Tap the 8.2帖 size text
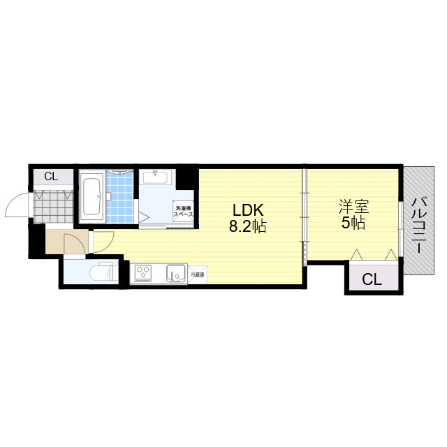[247, 226]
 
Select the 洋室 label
[354, 207]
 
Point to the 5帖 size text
[353, 223]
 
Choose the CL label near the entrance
[51, 177]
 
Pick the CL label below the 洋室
[372, 279]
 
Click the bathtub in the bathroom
[91, 197]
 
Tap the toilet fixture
[101, 273]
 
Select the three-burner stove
[143, 273]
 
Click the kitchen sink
[177, 273]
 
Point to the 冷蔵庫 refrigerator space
[197, 274]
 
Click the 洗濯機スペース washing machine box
[183, 211]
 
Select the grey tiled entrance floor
[53, 207]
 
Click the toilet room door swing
[75, 244]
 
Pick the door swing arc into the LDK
[104, 242]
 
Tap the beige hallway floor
[54, 242]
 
